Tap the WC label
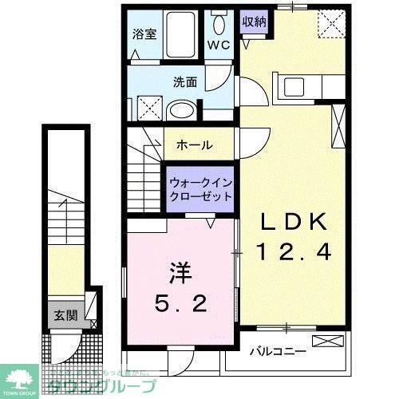[219, 45]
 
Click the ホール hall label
[194, 145]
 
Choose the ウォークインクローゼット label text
[200, 189]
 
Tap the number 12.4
[293, 253]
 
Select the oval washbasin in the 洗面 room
[183, 111]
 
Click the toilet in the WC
[218, 26]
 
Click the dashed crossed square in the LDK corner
[330, 24]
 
